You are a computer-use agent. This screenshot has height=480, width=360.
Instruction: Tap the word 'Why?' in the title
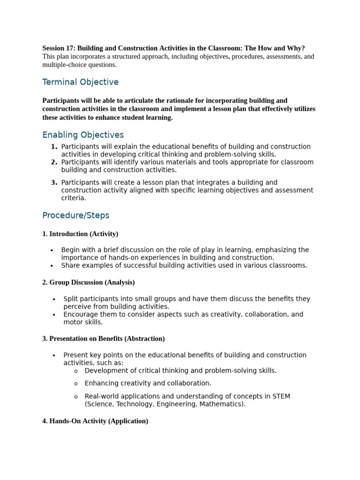[296, 48]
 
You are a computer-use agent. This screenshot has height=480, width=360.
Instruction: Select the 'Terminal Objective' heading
[80, 82]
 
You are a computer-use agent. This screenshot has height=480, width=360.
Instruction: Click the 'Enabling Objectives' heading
[83, 135]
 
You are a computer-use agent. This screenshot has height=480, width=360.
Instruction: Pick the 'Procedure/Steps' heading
[75, 216]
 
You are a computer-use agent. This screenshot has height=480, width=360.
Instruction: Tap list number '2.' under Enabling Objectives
[54, 162]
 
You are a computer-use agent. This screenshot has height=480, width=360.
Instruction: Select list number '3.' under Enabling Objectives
[54, 182]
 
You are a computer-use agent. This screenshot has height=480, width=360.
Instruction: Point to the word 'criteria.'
[74, 198]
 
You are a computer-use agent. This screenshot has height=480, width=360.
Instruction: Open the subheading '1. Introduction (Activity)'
[80, 233]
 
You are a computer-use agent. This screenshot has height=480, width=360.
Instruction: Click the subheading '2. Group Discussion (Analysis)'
[88, 282]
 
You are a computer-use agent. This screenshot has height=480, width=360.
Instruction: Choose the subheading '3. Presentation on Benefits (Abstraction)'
[103, 338]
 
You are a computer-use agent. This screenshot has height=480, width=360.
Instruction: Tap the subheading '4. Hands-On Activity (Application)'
[95, 421]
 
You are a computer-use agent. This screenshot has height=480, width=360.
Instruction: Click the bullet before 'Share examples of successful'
[52, 266]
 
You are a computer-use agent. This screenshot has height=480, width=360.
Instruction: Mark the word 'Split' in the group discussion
[71, 299]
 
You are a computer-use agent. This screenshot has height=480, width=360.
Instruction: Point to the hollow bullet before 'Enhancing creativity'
[75, 384]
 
